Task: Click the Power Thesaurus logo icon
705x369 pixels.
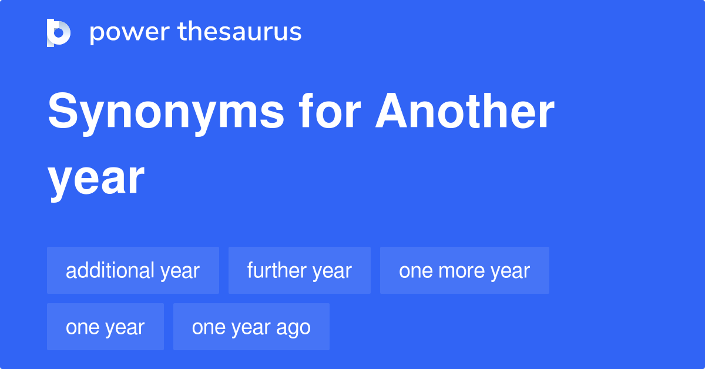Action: pos(59,32)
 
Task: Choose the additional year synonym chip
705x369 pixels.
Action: pos(133,270)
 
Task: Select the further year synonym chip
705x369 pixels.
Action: pos(299,270)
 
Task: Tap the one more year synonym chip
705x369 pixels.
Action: pos(464,270)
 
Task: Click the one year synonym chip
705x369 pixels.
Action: pos(105,327)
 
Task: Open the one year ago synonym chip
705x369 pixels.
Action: pos(251,327)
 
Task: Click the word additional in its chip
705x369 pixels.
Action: pos(110,270)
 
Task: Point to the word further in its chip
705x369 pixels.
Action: pos(276,270)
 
